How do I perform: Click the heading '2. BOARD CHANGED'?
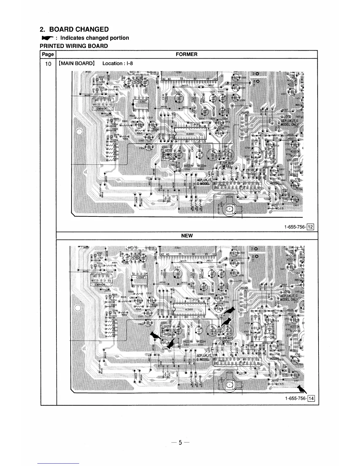coord(74,29)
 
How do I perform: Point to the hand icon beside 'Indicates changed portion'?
coord(47,38)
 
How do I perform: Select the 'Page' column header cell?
coord(48,54)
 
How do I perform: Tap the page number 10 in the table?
coord(48,64)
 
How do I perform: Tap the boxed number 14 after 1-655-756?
coord(311,399)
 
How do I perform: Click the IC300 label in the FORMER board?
coord(190,134)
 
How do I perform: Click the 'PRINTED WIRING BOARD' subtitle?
coord(74,46)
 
